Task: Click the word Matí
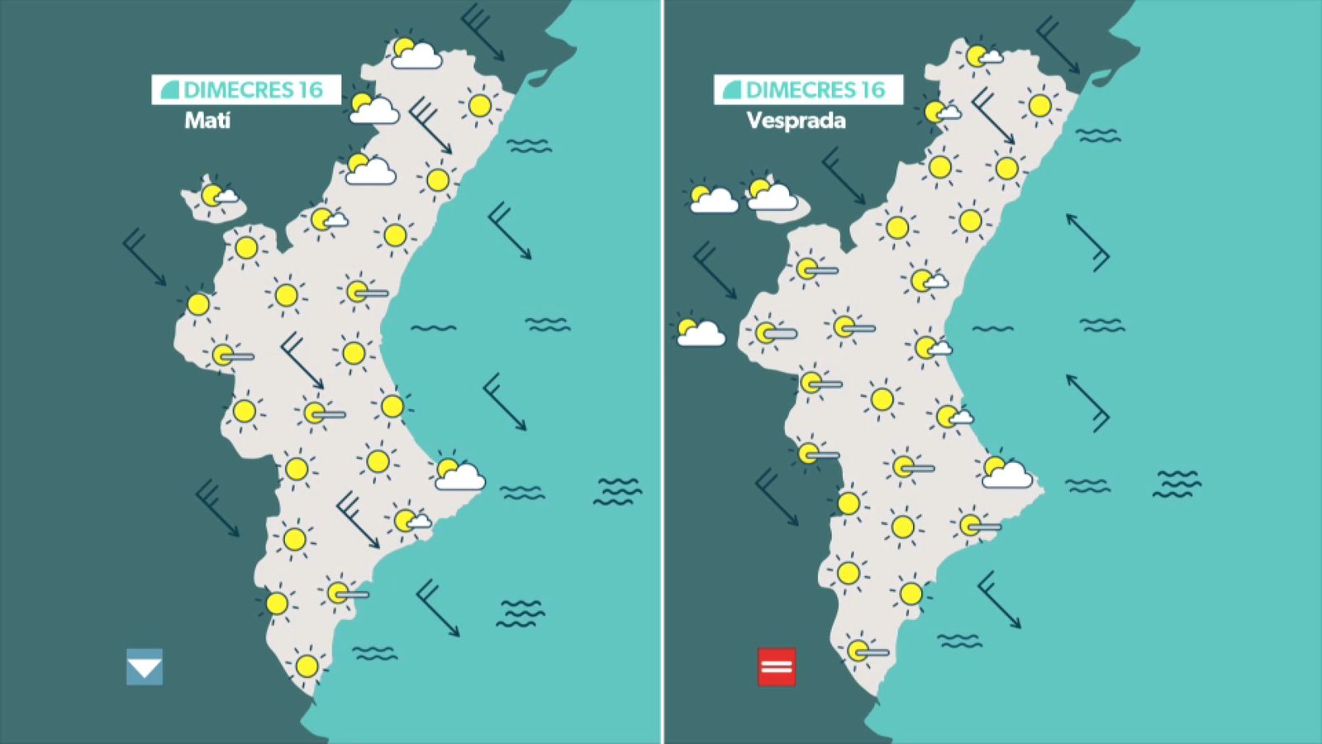point(207,121)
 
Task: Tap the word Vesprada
point(796,121)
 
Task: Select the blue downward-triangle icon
point(145,667)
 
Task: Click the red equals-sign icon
point(777,667)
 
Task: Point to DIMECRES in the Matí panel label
point(240,89)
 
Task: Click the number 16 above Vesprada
point(872,89)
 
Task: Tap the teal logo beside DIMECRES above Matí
point(169,89)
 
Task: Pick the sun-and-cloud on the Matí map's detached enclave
point(216,196)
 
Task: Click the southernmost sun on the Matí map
point(307,665)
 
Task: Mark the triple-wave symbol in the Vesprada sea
point(1177,484)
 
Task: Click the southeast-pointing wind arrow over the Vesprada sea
point(999,599)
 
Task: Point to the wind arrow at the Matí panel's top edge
point(483,33)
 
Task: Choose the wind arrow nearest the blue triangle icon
point(216,508)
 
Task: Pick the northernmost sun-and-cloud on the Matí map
point(413,53)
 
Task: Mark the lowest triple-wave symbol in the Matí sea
point(521,613)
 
